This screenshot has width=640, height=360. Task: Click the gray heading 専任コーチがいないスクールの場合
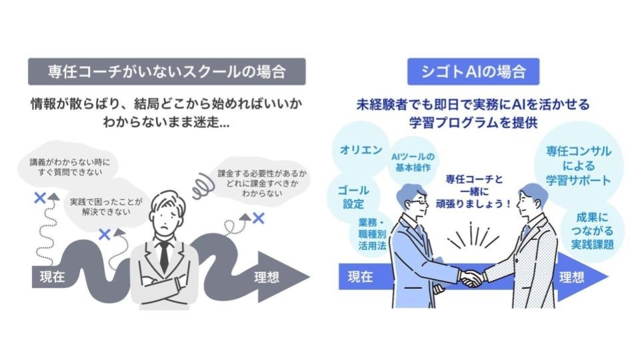(167, 72)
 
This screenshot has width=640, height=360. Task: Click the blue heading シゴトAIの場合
(473, 72)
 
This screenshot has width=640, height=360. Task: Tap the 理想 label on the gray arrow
(267, 277)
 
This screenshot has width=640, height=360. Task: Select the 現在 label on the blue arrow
(360, 277)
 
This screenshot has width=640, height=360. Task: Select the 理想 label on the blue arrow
(572, 277)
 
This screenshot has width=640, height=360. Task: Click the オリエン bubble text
(361, 150)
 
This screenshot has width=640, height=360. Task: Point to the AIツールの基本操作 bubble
(413, 162)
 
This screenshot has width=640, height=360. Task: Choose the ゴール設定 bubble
(353, 197)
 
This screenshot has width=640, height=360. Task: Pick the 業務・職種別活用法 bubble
(372, 234)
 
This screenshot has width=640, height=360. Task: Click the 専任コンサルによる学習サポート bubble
(579, 166)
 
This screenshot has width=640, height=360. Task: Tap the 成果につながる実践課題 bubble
(592, 231)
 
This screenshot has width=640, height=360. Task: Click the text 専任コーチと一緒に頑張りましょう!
(473, 191)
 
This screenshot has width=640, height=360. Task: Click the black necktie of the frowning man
(164, 256)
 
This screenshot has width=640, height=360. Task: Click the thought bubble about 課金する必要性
(261, 183)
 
